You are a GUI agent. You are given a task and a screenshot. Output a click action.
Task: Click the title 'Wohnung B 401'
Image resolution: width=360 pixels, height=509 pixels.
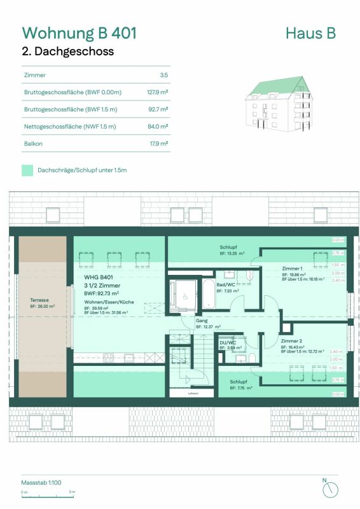click(x=80, y=32)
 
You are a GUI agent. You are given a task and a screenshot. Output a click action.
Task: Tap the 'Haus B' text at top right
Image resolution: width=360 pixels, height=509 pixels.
click(x=310, y=33)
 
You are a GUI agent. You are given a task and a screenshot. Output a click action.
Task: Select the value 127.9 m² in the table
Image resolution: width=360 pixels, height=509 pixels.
click(x=156, y=92)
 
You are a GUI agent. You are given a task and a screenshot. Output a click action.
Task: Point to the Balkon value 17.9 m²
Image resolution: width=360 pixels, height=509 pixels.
click(x=158, y=144)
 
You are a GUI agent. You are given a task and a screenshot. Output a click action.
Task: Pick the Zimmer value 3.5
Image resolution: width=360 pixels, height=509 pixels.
click(x=163, y=75)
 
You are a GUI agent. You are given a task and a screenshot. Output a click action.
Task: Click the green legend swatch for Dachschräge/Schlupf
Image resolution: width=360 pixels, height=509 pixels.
click(x=27, y=171)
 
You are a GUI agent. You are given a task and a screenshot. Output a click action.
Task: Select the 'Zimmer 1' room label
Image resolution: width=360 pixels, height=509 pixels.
click(x=293, y=268)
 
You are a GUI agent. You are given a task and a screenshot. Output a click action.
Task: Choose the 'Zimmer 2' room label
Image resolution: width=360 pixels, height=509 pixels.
click(x=292, y=341)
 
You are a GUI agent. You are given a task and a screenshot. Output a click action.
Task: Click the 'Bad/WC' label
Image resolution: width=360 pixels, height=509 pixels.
click(x=224, y=284)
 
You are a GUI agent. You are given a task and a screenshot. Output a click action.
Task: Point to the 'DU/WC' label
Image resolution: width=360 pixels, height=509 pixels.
click(x=226, y=342)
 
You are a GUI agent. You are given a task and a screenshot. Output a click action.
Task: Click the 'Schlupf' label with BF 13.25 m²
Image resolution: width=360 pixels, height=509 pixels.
click(x=229, y=246)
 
